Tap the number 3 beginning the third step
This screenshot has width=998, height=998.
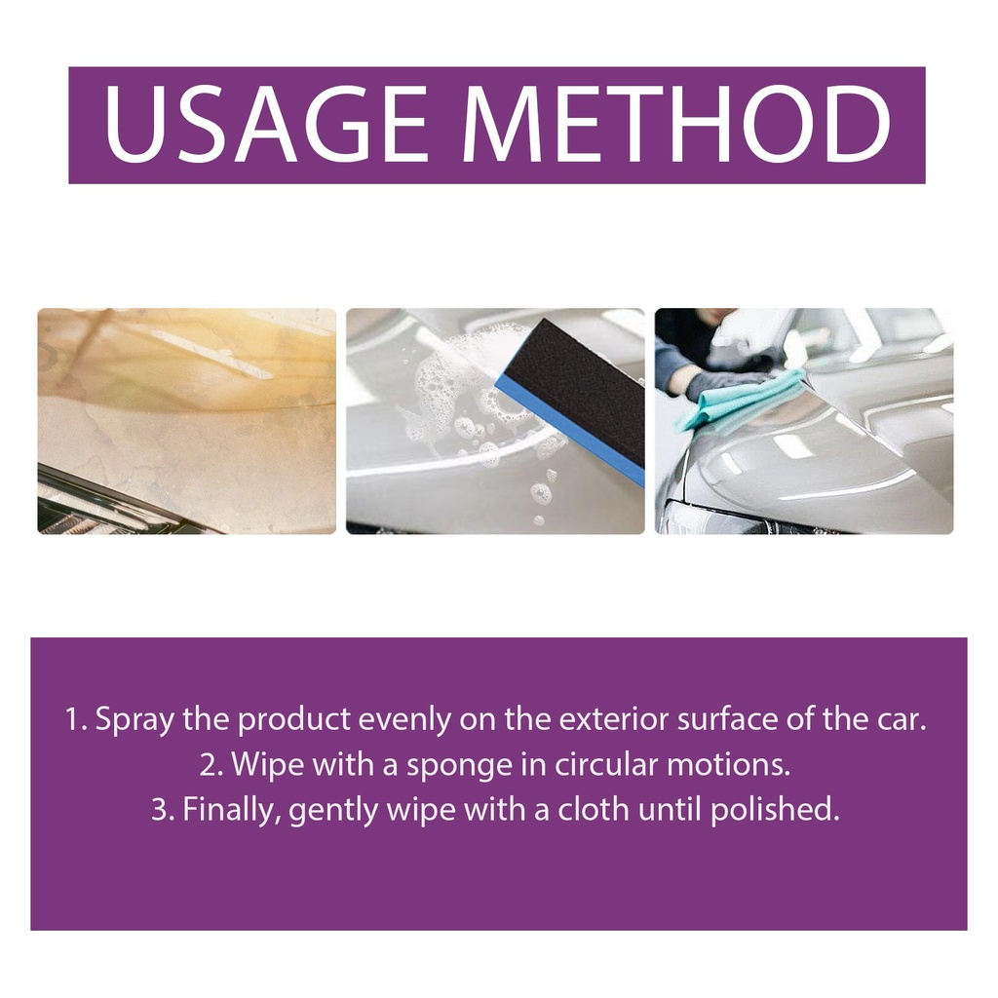161,810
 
